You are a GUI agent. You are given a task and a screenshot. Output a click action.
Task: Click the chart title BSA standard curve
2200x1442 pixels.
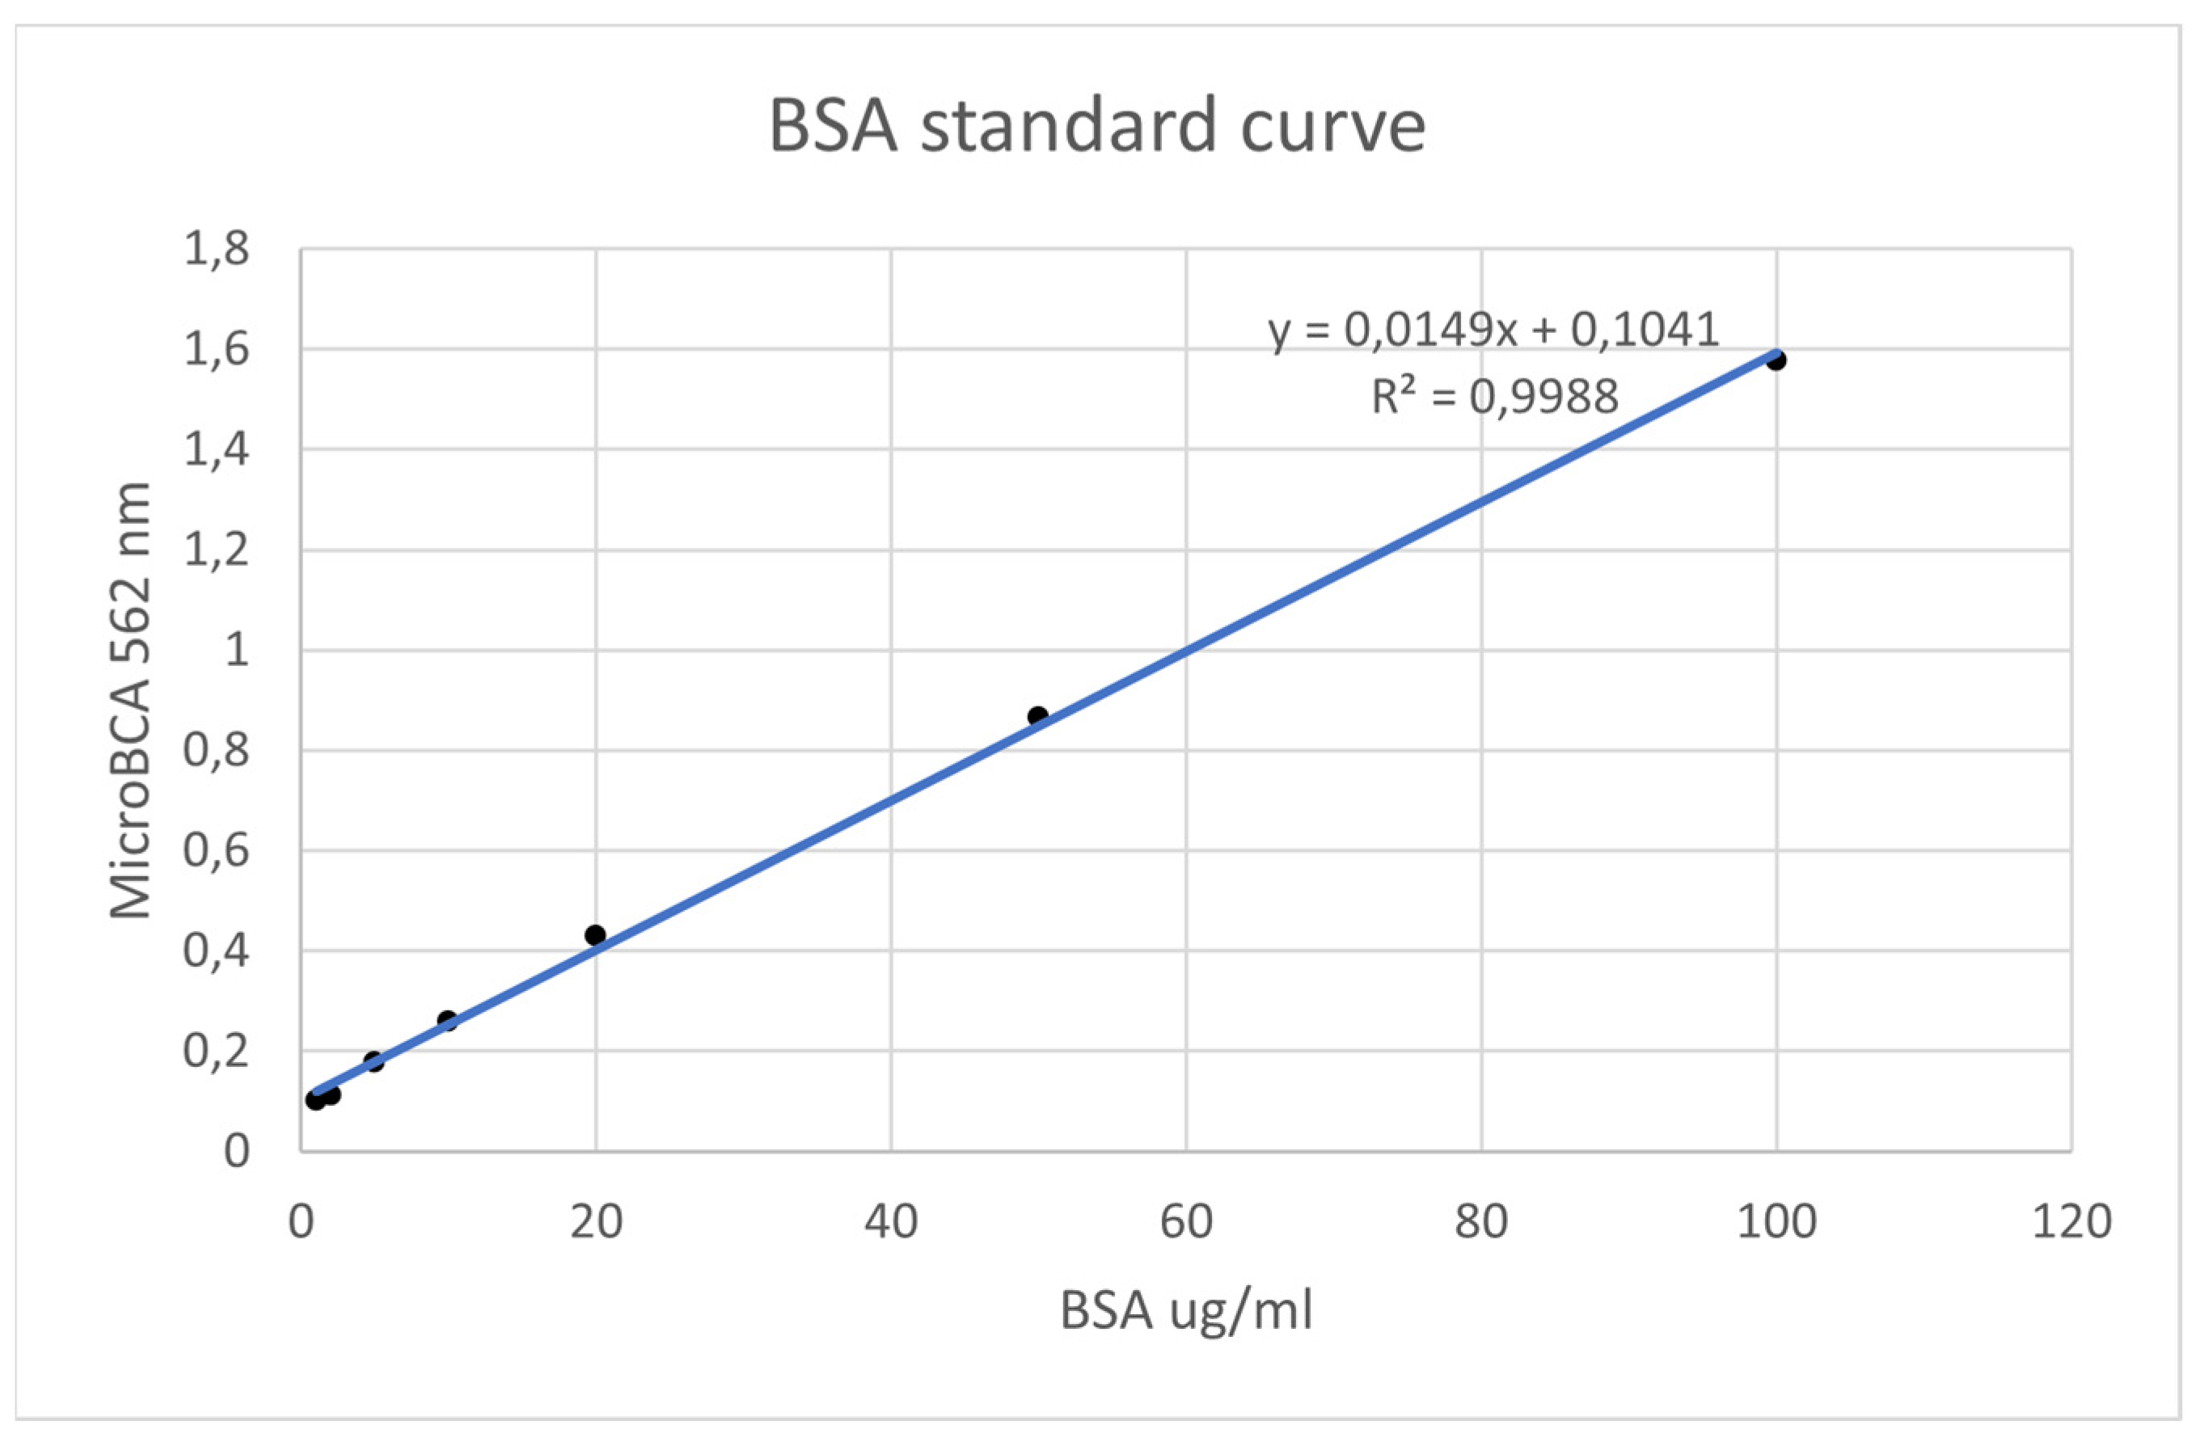(1097, 127)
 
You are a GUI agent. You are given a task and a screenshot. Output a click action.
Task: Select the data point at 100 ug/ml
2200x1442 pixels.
(1775, 360)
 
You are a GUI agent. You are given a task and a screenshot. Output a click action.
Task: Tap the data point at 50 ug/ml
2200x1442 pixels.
(1037, 715)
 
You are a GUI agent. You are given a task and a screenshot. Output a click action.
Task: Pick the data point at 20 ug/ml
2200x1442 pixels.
(595, 934)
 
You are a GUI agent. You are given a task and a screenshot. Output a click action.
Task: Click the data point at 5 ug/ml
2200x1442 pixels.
(374, 1061)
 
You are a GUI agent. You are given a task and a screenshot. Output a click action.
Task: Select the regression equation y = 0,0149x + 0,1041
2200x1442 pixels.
(1493, 330)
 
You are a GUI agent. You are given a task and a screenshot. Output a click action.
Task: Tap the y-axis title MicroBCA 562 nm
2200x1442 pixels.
(130, 700)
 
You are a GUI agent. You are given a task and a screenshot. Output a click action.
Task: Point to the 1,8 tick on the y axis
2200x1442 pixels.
(217, 250)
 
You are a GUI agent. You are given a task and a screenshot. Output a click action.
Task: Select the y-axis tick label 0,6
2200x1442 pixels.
(217, 850)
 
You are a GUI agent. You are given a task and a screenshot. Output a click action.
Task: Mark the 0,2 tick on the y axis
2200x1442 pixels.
(217, 1051)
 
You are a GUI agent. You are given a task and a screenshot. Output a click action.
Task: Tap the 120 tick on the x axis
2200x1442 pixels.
(2071, 1222)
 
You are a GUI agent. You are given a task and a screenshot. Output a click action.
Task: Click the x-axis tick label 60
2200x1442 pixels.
(1186, 1222)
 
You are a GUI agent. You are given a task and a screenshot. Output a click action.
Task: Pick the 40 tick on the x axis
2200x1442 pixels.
(891, 1222)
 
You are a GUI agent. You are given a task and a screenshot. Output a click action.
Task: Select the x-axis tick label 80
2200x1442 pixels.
(1481, 1222)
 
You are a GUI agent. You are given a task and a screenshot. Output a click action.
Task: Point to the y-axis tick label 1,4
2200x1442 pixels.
(217, 450)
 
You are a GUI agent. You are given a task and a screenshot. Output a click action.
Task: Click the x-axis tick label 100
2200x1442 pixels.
(1776, 1222)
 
